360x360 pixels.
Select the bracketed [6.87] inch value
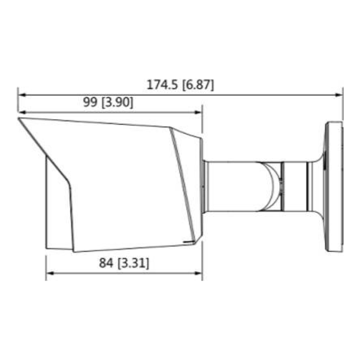click(x=198, y=86)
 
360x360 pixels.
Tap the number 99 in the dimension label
click(x=90, y=102)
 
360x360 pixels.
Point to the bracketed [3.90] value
click(x=117, y=102)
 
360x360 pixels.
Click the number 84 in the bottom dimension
click(x=106, y=263)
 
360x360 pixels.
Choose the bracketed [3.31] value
click(x=134, y=263)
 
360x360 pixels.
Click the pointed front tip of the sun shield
click(x=20, y=120)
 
